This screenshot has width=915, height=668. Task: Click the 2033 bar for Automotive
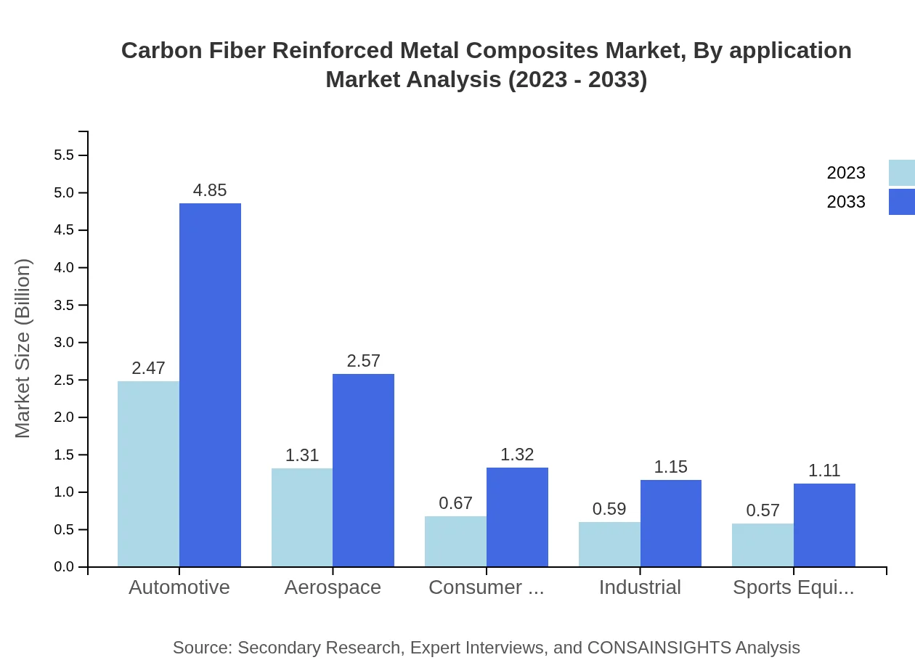point(210,385)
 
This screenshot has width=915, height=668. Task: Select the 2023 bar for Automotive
point(148,473)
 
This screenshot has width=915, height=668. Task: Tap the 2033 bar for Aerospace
point(363,470)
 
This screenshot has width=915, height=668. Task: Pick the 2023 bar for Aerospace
point(302,517)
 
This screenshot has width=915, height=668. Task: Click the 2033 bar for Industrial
point(670,523)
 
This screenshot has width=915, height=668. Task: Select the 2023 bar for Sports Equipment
point(762,545)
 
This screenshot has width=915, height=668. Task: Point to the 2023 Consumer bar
point(455,541)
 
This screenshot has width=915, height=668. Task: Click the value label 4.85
point(210,190)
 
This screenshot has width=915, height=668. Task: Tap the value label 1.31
point(302,455)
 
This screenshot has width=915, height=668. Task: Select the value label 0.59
point(609,509)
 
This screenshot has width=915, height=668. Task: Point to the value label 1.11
point(824,471)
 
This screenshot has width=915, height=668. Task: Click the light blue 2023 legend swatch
point(901,173)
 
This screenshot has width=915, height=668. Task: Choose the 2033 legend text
point(846,202)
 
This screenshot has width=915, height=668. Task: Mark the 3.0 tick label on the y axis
point(64,343)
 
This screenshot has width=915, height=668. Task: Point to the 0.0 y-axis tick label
point(64,567)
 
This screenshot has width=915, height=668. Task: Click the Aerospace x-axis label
point(333,587)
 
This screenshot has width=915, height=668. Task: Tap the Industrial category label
point(640,587)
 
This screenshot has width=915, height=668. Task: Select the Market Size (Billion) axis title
point(23,349)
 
